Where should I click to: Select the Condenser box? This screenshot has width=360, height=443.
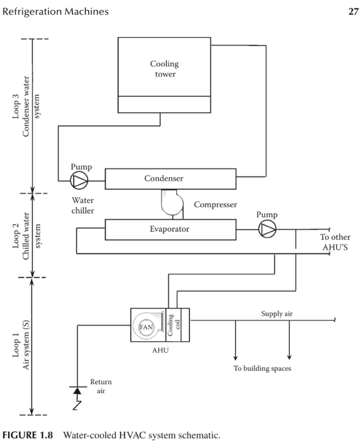[x=170, y=179]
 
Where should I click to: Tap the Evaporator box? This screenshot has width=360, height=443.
[x=169, y=229]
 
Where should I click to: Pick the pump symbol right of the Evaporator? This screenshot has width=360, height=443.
[x=267, y=229]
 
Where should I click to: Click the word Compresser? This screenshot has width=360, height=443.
[x=215, y=205]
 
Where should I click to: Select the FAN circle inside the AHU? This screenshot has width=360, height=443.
[x=146, y=327]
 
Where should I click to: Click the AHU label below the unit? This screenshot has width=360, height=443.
[x=160, y=351]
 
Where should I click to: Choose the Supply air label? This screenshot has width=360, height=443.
[x=277, y=314]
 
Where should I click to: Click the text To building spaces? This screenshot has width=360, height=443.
[x=262, y=368]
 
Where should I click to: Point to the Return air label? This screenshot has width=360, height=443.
[x=101, y=385]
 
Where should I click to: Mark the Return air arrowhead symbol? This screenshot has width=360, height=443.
[x=78, y=391]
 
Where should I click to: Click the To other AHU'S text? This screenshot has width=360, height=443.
[x=335, y=241]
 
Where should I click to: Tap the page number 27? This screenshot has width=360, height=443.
[x=353, y=12]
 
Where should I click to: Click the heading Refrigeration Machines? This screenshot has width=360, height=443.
[x=55, y=12]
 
